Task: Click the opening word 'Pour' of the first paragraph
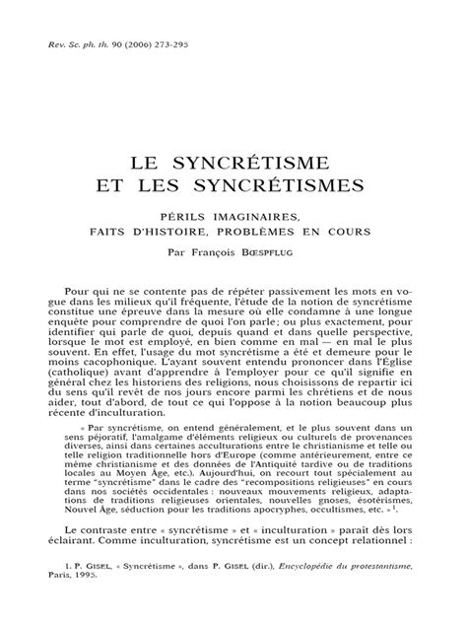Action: click(77, 294)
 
